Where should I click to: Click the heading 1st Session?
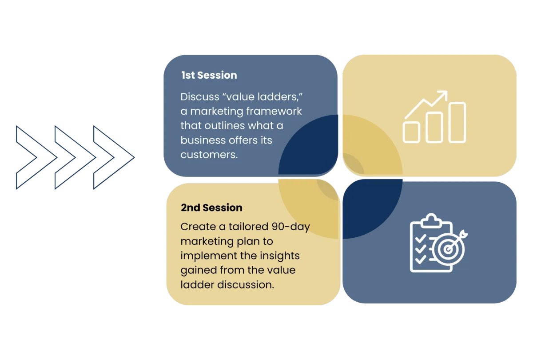click(x=209, y=75)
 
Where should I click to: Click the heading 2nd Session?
click(x=211, y=208)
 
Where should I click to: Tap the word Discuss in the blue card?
click(x=200, y=97)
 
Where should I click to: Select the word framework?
click(x=274, y=111)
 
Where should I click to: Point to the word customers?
click(x=209, y=155)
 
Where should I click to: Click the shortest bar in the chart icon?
click(x=411, y=132)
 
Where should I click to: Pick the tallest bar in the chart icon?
click(x=457, y=122)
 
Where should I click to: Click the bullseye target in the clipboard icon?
click(x=448, y=249)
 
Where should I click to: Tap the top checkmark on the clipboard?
click(x=421, y=239)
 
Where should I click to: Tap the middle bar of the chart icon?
click(x=434, y=128)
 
